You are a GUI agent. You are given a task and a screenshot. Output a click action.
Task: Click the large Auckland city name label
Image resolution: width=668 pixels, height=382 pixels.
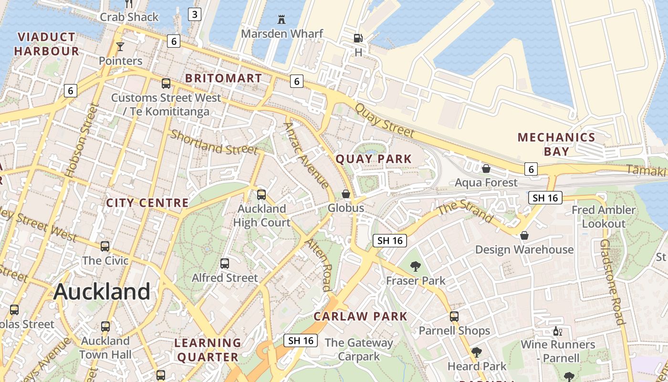pyautogui.click(x=102, y=291)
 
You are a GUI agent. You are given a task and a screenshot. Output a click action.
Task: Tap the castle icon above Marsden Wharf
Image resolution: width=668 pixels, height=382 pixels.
pyautogui.click(x=282, y=20)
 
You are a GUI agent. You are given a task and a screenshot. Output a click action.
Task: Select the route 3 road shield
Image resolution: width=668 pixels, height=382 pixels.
pyautogui.click(x=194, y=14)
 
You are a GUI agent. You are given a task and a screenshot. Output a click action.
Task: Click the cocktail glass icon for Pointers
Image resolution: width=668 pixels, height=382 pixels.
pyautogui.click(x=120, y=47)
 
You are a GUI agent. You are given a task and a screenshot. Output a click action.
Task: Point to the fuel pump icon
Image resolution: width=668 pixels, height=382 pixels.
pyautogui.click(x=358, y=38)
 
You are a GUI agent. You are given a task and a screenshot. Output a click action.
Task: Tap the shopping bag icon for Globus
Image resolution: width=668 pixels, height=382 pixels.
pyautogui.click(x=346, y=194)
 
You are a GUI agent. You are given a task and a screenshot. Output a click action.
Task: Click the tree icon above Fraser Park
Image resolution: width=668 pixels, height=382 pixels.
pyautogui.click(x=416, y=266)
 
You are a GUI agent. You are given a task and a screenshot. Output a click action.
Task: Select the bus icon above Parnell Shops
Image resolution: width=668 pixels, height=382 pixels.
pyautogui.click(x=454, y=316)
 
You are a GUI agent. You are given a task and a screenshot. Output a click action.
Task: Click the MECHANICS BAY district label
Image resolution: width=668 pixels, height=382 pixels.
pyautogui.click(x=556, y=144)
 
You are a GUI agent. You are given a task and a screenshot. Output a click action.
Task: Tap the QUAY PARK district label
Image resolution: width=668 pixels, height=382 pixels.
pyautogui.click(x=374, y=159)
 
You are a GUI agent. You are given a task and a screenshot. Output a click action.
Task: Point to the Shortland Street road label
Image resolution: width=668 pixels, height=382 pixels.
pyautogui.click(x=214, y=142)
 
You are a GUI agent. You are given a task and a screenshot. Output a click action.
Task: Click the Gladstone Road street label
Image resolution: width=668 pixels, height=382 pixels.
pyautogui.click(x=612, y=282)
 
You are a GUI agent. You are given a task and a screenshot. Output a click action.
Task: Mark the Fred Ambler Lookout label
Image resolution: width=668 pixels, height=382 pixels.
pyautogui.click(x=604, y=217)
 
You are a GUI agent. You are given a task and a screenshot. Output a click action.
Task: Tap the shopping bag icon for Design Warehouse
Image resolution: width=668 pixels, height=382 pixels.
pyautogui.click(x=524, y=235)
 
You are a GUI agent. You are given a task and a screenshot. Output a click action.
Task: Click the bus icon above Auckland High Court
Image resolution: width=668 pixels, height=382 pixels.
pyautogui.click(x=261, y=194)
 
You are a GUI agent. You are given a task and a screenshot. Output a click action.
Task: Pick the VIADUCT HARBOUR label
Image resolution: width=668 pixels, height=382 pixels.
pyautogui.click(x=46, y=44)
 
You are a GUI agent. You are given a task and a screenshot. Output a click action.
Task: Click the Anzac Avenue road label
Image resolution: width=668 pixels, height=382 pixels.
pyautogui.click(x=306, y=155)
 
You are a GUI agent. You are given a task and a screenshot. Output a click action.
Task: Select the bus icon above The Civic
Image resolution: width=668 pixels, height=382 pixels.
pyautogui.click(x=105, y=246)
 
